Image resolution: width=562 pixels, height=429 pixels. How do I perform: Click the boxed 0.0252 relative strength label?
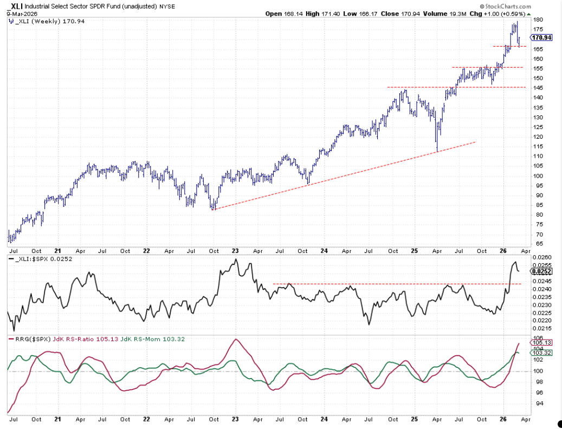(542, 271)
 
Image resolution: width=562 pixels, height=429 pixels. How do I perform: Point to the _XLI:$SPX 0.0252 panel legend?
(40, 259)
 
